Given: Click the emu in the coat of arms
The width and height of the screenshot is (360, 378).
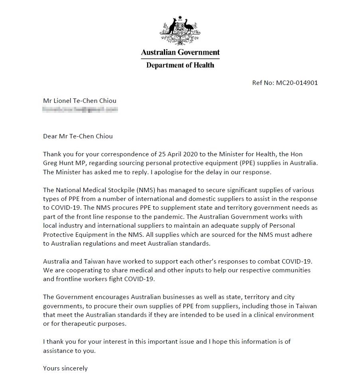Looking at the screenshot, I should click(189, 27).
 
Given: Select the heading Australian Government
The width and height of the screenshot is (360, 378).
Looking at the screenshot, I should click(180, 52).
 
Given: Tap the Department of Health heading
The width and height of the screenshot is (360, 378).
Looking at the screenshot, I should click(180, 65).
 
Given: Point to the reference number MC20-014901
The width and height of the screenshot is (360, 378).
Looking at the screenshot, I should click(297, 83).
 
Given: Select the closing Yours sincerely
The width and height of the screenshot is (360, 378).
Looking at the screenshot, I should click(65, 368).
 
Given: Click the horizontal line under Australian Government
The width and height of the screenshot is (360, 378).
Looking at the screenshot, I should click(180, 59).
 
